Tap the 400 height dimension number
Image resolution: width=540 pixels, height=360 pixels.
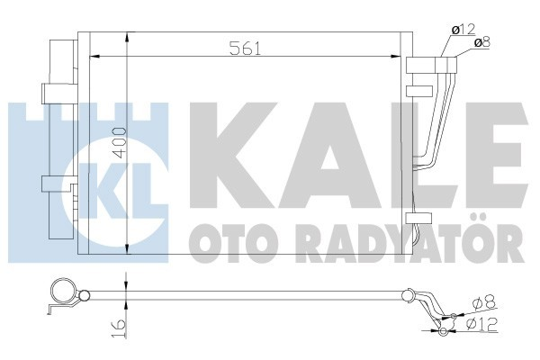point(117,143)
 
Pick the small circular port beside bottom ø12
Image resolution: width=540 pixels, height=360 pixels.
point(444,330)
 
